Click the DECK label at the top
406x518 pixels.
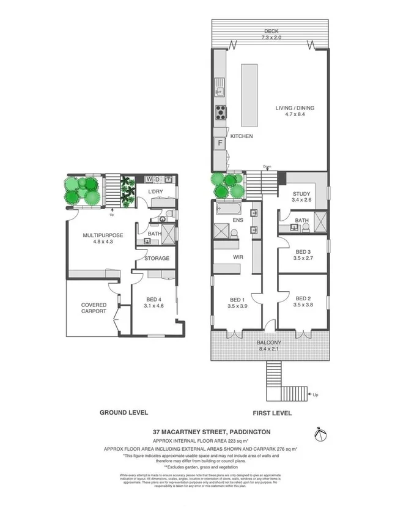coord(272,31)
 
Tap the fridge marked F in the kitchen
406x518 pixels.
coord(219,144)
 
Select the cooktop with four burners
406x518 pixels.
coord(220,113)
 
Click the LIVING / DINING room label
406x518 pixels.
coord(295,108)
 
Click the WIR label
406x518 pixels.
coord(238,257)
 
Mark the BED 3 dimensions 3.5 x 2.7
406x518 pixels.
coord(303,259)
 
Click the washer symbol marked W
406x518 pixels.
coord(148,179)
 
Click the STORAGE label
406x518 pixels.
coord(157,259)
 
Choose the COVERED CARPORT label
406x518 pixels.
coord(94,308)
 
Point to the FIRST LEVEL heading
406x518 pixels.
coord(271,413)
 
